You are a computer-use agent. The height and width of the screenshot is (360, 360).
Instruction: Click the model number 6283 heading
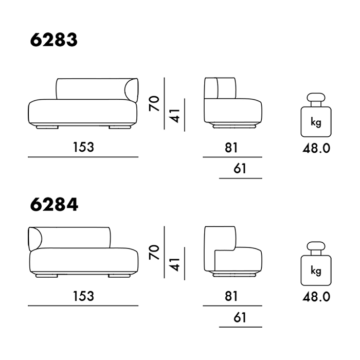(54, 40)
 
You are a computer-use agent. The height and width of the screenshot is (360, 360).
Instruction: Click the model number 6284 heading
(54, 205)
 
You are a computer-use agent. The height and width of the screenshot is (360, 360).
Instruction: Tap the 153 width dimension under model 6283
(83, 147)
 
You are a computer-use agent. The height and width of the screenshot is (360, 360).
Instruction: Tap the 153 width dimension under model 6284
(83, 296)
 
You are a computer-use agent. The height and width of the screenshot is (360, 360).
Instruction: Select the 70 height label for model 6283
(154, 103)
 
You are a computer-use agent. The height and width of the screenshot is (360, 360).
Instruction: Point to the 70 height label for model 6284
(154, 252)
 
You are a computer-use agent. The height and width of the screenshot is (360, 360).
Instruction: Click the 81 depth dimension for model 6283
(231, 148)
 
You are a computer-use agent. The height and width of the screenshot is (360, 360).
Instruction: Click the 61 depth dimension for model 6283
(240, 169)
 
